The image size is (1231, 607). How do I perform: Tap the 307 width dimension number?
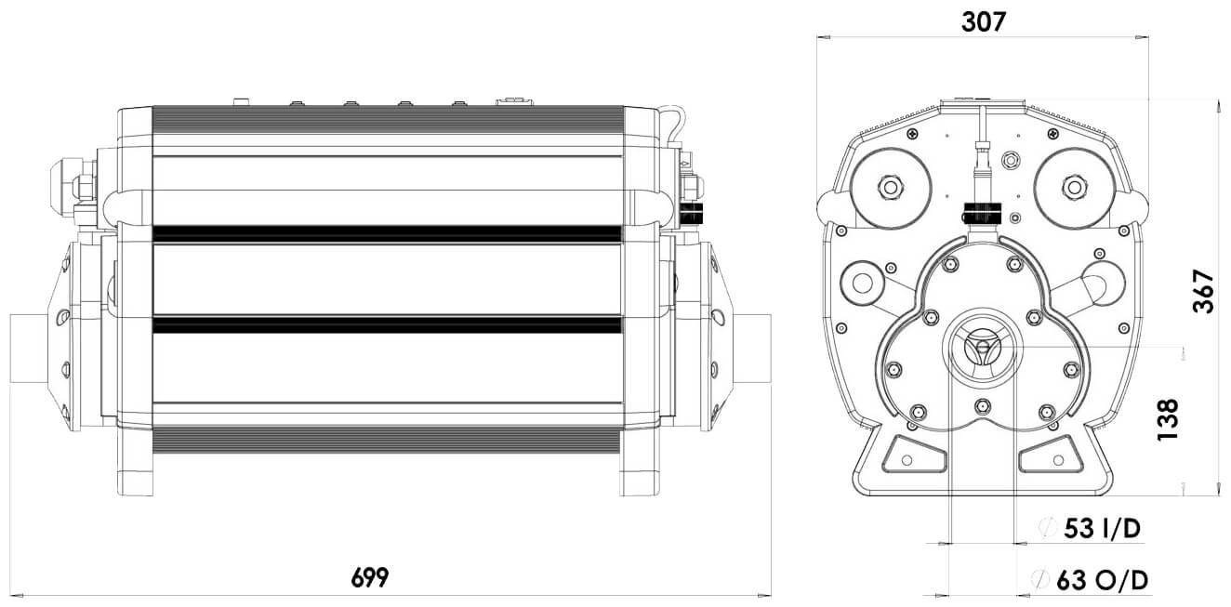(983, 22)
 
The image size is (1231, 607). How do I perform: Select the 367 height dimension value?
(1203, 292)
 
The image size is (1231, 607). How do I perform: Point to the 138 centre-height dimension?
(1168, 419)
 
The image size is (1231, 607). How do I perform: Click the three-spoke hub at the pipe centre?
(982, 346)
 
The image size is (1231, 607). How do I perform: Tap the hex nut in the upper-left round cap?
(891, 187)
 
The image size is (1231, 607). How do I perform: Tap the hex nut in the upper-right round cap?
(1074, 187)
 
